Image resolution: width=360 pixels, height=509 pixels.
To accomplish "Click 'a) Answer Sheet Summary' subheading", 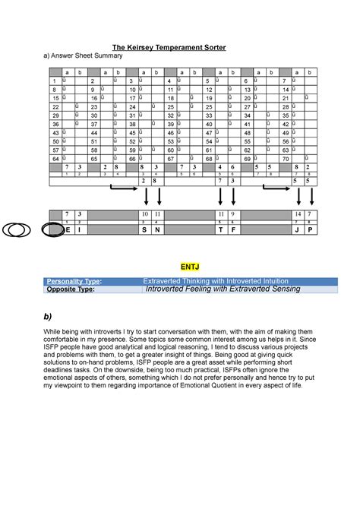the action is click(81, 58).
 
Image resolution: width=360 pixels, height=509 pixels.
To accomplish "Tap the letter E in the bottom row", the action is click(67, 229).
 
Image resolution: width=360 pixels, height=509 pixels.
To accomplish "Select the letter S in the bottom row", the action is click(144, 229).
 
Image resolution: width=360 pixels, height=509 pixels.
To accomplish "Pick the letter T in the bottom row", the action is click(220, 229).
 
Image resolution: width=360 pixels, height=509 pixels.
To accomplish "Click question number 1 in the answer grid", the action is click(54, 82).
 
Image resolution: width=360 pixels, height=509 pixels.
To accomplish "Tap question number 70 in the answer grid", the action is click(284, 159).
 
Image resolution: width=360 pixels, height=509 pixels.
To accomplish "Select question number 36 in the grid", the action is click(54, 123).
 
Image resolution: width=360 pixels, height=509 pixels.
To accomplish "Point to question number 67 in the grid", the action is click(169, 159).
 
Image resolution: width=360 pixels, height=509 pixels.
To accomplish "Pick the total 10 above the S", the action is click(144, 216).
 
